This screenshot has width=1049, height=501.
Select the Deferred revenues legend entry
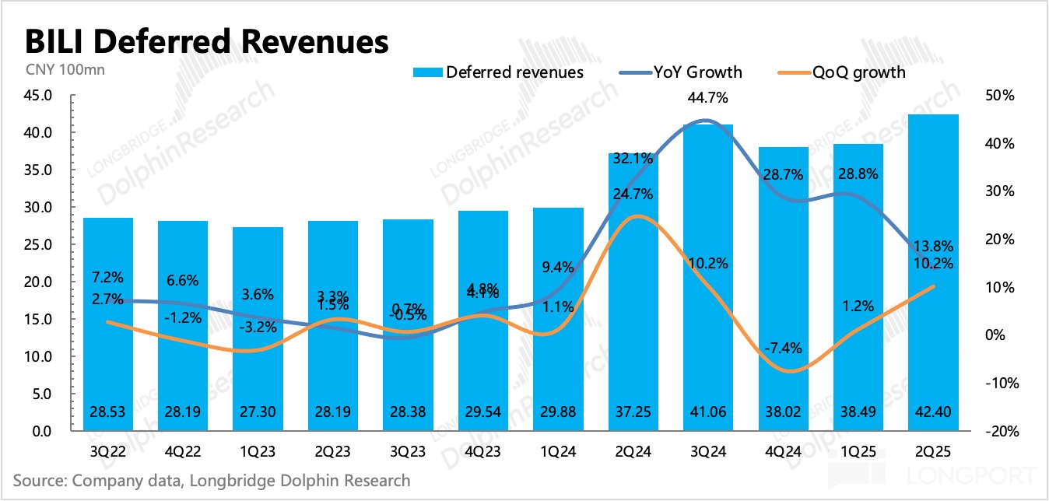(x=497, y=72)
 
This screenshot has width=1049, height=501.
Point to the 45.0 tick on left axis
(x=37, y=96)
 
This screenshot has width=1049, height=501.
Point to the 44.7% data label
(x=708, y=98)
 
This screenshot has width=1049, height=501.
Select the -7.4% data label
(x=783, y=348)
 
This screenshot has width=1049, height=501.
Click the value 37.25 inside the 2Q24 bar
(x=633, y=412)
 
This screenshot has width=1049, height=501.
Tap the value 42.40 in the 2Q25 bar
(x=933, y=412)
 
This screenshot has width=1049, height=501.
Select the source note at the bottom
(x=212, y=480)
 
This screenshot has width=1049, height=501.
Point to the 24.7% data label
(x=633, y=194)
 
